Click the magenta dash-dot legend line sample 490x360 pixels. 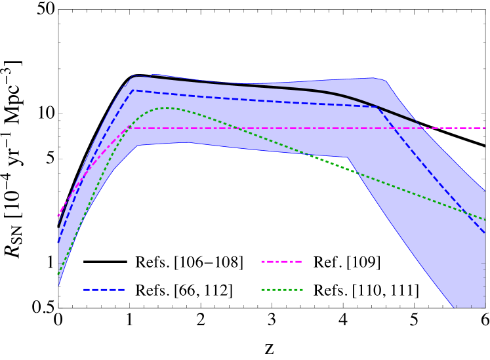[281, 262]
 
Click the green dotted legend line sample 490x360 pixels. [281, 289]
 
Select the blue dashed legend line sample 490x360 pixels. [104, 289]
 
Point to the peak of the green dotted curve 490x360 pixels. [167, 108]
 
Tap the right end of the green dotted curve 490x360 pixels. [485, 220]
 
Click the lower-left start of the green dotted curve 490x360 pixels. [58, 274]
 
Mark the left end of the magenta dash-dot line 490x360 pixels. [58, 215]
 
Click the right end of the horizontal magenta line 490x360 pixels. [485, 128]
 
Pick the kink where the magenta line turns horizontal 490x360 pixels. [129, 128]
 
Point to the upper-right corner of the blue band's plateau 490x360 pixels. [382, 79]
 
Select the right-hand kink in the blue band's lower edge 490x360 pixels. [346, 157]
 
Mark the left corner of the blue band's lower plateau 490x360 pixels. [137, 146]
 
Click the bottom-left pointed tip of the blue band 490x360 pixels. [59, 286]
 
